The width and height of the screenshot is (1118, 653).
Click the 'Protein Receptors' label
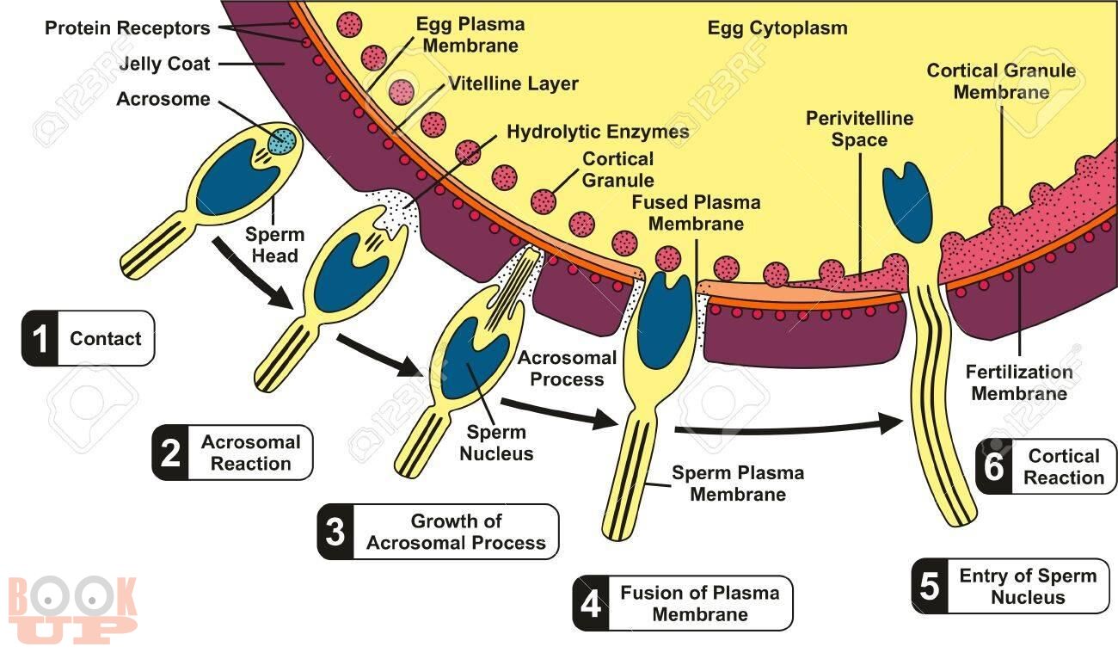click(x=127, y=28)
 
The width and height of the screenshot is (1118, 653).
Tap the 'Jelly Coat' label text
click(x=164, y=64)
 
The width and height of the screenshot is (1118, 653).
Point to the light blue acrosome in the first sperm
click(x=282, y=142)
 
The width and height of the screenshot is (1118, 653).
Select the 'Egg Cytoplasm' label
click(x=777, y=28)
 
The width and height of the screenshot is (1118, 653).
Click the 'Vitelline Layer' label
click(x=513, y=83)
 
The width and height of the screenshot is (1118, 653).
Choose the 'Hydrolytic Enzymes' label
click(x=598, y=132)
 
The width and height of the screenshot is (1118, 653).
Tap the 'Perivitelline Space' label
click(x=859, y=129)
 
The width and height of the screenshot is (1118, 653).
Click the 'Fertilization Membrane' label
click(x=1019, y=382)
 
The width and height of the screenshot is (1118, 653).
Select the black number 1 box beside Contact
click(x=40, y=338)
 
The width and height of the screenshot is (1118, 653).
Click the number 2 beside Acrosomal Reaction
click(x=170, y=453)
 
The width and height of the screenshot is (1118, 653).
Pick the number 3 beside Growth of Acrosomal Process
click(x=335, y=532)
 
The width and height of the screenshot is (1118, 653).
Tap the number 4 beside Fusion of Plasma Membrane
click(x=591, y=604)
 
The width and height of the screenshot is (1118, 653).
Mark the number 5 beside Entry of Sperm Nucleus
click(x=930, y=586)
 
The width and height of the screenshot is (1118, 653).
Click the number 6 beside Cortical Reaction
click(x=993, y=466)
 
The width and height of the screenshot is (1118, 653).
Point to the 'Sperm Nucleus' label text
click(x=496, y=443)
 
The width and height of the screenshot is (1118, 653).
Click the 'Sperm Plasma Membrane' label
click(x=738, y=484)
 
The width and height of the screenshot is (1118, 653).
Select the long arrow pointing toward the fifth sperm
click(x=789, y=428)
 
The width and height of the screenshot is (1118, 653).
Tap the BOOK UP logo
click(x=73, y=610)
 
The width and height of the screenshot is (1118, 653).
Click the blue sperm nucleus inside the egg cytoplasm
click(x=907, y=201)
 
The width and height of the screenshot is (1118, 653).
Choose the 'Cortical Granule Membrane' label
click(x=1001, y=82)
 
